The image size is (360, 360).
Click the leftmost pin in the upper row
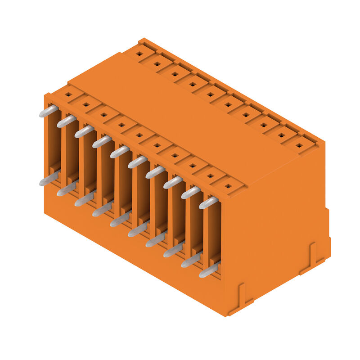(x=49, y=111)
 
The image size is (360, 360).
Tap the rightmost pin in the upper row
(x=208, y=202)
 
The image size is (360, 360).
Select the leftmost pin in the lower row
(x=49, y=179)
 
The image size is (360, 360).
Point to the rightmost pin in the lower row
(x=208, y=270)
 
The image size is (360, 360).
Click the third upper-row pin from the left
(x=84, y=131)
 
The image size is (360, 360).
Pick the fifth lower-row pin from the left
(x=120, y=220)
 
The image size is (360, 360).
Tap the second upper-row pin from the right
(x=191, y=193)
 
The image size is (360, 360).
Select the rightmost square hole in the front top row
(x=228, y=186)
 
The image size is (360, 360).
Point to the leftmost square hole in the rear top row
(x=139, y=54)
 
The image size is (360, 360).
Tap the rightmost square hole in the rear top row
(x=299, y=145)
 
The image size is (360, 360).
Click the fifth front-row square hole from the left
(x=139, y=135)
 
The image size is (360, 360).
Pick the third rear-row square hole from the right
(x=264, y=125)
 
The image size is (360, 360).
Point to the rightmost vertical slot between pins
(x=214, y=234)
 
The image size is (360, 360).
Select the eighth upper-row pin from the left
(x=173, y=182)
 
